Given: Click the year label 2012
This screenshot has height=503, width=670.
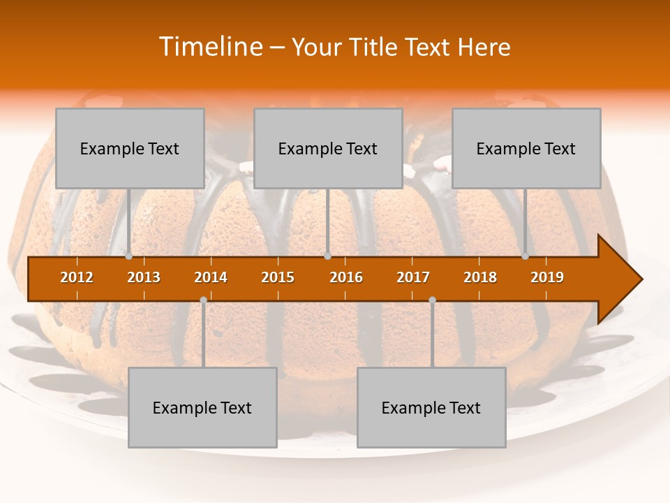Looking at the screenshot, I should pos(77,277).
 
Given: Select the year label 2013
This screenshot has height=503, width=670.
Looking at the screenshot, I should pos(144,277).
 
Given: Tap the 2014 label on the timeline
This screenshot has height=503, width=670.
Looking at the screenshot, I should pos(211,277).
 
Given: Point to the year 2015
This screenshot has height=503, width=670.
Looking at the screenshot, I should pos(278,277).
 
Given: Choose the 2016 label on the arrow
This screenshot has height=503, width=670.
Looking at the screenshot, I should pos(346,277).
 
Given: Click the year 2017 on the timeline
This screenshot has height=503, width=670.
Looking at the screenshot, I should pos(413,277).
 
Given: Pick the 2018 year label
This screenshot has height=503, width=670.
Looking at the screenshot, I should pos(480,277).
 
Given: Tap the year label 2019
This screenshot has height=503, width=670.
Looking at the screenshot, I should pos(547,277).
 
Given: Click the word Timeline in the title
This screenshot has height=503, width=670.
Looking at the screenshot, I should pos(209,47).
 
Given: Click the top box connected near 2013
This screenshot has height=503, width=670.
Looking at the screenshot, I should pos(130,148).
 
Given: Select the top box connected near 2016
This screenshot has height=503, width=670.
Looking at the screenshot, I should pos(328,148).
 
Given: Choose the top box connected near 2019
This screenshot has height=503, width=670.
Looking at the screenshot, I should pos(526,148).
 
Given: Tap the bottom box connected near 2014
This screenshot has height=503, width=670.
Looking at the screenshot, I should pos(202,407).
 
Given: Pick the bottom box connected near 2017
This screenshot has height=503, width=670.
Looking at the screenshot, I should pos(431,407).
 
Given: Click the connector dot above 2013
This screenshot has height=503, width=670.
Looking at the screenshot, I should pos(129,256).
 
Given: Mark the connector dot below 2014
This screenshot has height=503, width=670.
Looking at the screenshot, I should pos(203,300).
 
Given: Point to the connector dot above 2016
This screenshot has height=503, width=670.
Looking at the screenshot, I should pos(327,256).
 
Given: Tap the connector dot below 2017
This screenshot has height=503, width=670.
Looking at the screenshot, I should pos(432,300).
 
